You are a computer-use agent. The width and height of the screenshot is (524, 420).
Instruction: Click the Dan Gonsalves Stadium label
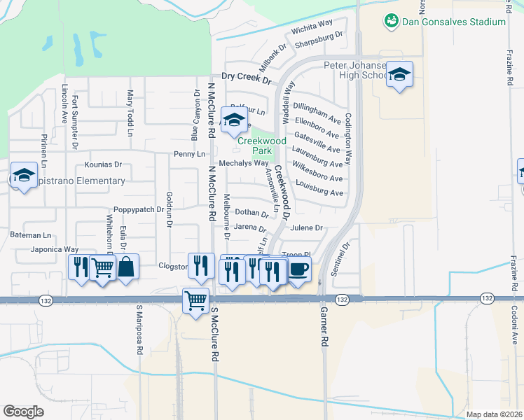click(453, 22)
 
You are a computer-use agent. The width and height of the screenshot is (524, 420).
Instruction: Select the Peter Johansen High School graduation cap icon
click(399, 74)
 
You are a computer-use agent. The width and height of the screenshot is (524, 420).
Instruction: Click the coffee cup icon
click(298, 268)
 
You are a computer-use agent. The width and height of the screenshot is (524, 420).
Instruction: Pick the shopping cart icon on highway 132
click(195, 300)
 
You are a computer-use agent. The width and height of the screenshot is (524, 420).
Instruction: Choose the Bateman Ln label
click(32, 235)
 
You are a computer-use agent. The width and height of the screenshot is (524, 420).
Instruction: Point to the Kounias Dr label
click(103, 165)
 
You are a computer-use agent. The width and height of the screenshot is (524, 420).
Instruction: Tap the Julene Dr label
click(308, 227)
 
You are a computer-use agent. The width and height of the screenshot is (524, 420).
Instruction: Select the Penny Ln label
click(190, 154)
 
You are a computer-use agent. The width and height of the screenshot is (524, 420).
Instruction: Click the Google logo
click(23, 411)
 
